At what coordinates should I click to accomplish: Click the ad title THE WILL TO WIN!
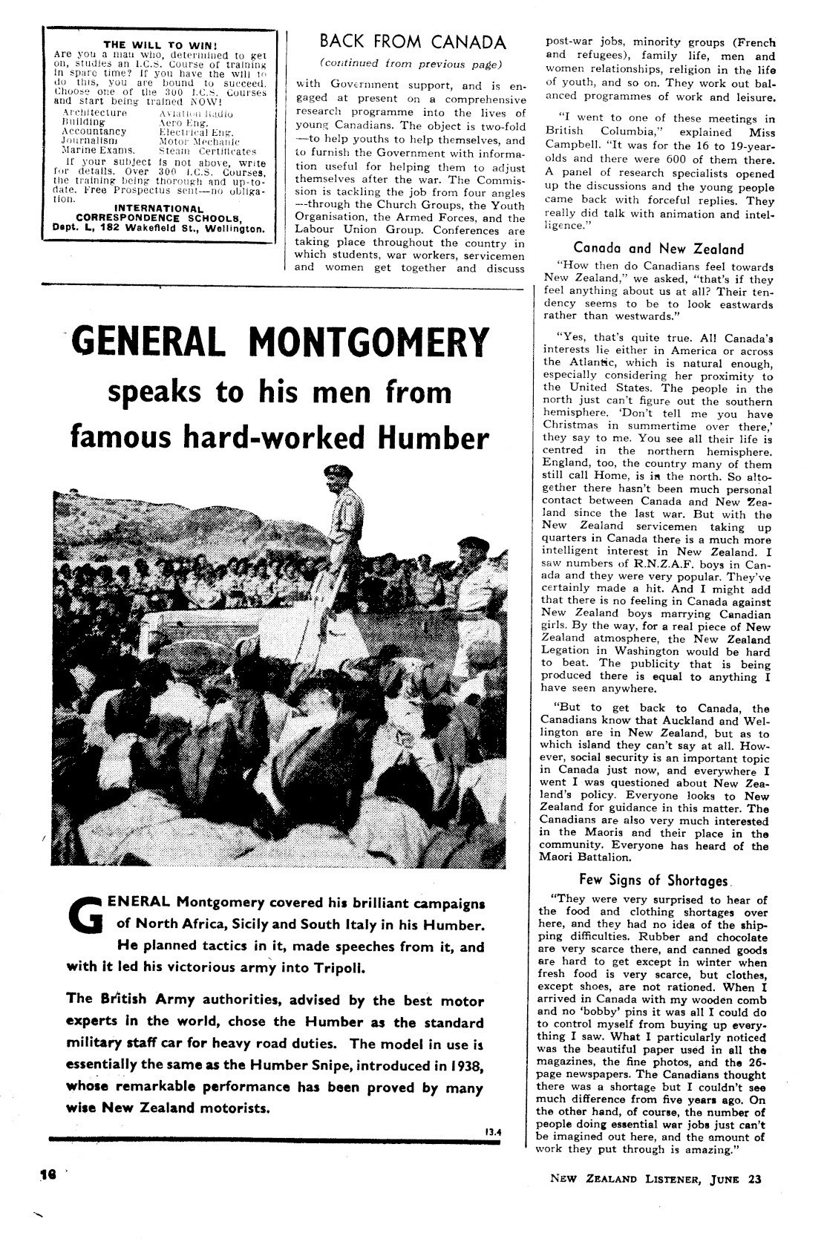point(154,43)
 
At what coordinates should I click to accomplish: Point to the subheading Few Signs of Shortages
point(653,880)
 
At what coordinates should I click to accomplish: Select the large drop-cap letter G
point(86,915)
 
